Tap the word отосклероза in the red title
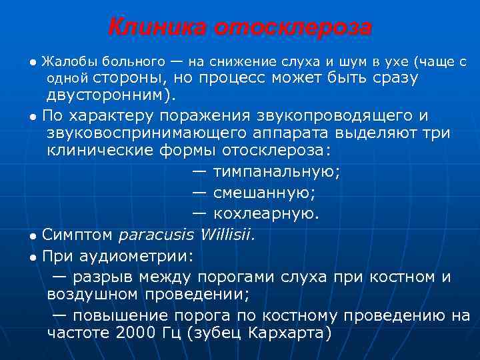pyautogui.click(x=293, y=28)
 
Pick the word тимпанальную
pyautogui.click(x=276, y=172)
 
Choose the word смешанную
pyautogui.click(x=265, y=193)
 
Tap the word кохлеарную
pyautogui.click(x=266, y=214)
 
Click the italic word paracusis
pyautogui.click(x=156, y=235)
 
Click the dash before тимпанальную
pyautogui.click(x=199, y=172)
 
